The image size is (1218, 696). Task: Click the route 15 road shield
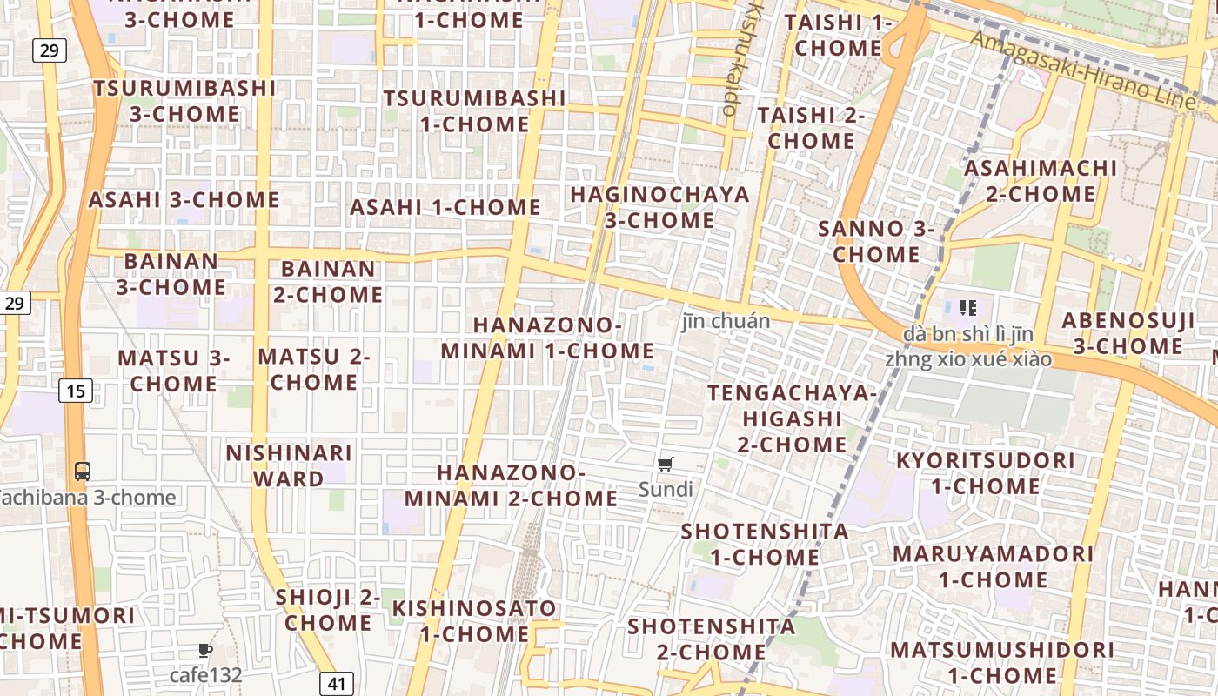76,391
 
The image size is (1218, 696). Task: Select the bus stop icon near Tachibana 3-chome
83,472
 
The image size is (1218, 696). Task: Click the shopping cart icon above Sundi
666,465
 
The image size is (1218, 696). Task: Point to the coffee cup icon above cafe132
204,650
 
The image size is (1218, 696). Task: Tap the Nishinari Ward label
289,465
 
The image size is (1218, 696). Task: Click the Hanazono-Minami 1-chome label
547,338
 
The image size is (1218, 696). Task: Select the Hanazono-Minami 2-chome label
511,485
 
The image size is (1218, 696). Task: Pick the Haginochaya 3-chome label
659,207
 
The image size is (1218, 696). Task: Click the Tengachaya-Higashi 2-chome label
792,418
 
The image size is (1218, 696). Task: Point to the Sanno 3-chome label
876,242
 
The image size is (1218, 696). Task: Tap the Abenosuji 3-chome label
1128,333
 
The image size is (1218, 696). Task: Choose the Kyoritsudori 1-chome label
986,472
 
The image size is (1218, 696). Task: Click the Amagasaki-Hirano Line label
1083,70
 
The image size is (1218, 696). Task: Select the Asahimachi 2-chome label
1041,180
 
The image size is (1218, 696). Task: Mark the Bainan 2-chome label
328,281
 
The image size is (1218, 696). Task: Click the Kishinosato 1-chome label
474,620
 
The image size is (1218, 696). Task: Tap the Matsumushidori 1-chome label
1002,662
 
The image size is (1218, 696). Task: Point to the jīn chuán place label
726,321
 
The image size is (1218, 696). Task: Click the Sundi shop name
666,490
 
